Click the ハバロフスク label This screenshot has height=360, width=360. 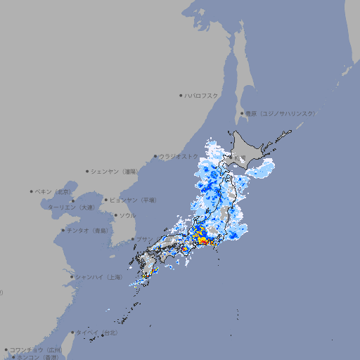point(202,95)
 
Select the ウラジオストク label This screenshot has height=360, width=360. point(179,157)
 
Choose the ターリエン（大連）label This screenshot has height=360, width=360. point(71,207)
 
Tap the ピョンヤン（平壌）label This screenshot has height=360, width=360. point(134,200)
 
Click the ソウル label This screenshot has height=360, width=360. point(127,216)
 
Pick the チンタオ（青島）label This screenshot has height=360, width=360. point(88,230)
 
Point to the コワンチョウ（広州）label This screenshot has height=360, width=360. point(36,349)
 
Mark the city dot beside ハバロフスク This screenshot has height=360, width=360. point(181,95)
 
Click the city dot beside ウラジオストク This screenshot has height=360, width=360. point(155,157)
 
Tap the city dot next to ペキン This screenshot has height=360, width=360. point(32,191)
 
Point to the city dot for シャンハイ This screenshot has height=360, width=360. point(72,277)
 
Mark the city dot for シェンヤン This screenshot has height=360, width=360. point(88,171)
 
